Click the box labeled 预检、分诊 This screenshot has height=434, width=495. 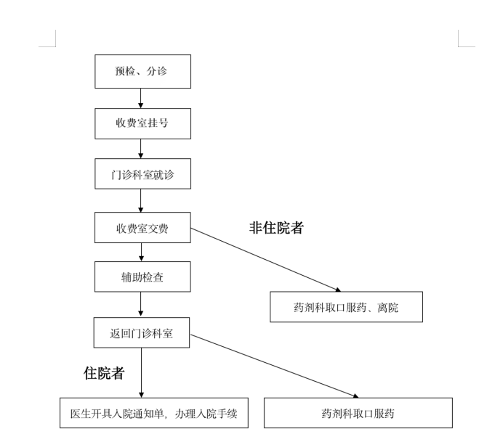coord(142,72)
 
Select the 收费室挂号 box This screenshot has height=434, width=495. coord(142,123)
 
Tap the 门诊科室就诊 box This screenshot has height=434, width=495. coord(142,175)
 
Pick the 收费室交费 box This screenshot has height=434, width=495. coord(142,227)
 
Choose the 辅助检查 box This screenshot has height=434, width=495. coord(142,277)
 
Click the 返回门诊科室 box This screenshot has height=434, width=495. coord(142,332)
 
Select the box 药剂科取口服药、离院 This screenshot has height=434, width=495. coord(346,307)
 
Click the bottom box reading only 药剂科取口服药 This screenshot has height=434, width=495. coord(358,413)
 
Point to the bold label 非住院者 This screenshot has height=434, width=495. coord(276,228)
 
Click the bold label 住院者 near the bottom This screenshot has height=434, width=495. coord(104,374)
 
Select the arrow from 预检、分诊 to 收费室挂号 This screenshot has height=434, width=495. coord(140,98)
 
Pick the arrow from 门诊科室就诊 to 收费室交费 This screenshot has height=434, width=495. coord(140,200)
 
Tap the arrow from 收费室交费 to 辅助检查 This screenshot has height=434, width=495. coord(140,252)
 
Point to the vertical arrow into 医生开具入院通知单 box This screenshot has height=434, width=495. coord(140,372)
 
